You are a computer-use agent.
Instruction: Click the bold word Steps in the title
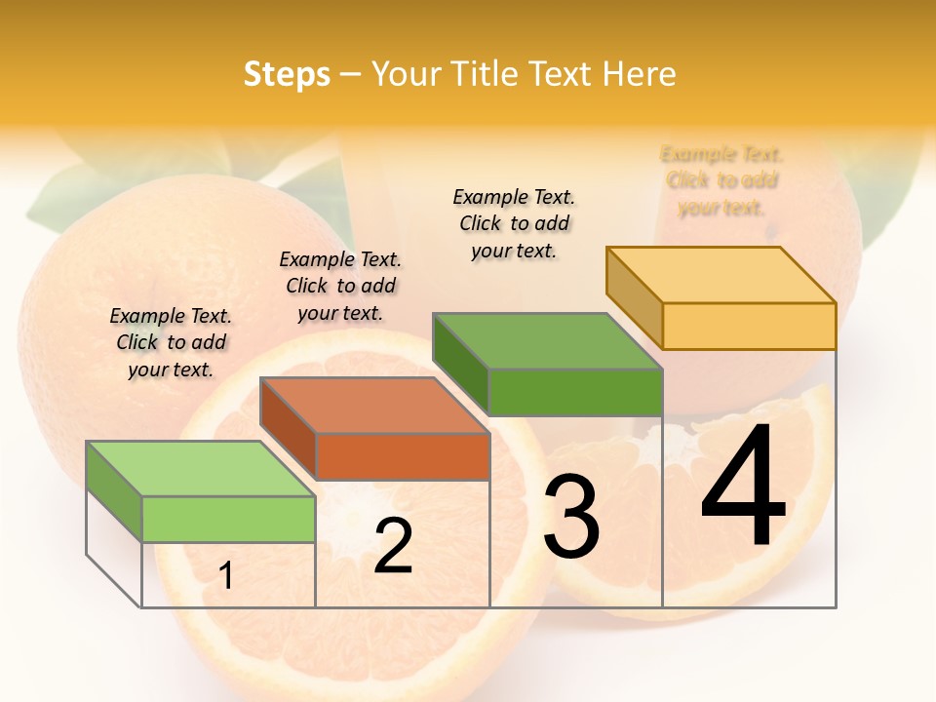click(287, 75)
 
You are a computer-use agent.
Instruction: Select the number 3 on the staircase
click(571, 518)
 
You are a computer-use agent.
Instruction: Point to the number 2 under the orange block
click(393, 547)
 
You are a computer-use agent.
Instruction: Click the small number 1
click(226, 576)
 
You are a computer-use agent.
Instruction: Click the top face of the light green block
click(200, 468)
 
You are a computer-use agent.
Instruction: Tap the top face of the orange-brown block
click(374, 405)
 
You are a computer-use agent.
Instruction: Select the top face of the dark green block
click(547, 341)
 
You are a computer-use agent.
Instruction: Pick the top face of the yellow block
click(721, 274)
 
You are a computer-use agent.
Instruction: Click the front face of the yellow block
click(749, 326)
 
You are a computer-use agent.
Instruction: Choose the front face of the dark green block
click(575, 392)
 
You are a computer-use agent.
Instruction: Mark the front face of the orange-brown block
click(403, 456)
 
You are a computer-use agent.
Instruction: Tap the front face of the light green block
click(228, 519)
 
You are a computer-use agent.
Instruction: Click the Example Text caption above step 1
click(171, 342)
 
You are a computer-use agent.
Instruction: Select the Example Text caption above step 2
click(340, 286)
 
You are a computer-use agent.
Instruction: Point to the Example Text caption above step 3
click(514, 223)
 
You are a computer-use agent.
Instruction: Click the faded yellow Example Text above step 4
click(721, 180)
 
